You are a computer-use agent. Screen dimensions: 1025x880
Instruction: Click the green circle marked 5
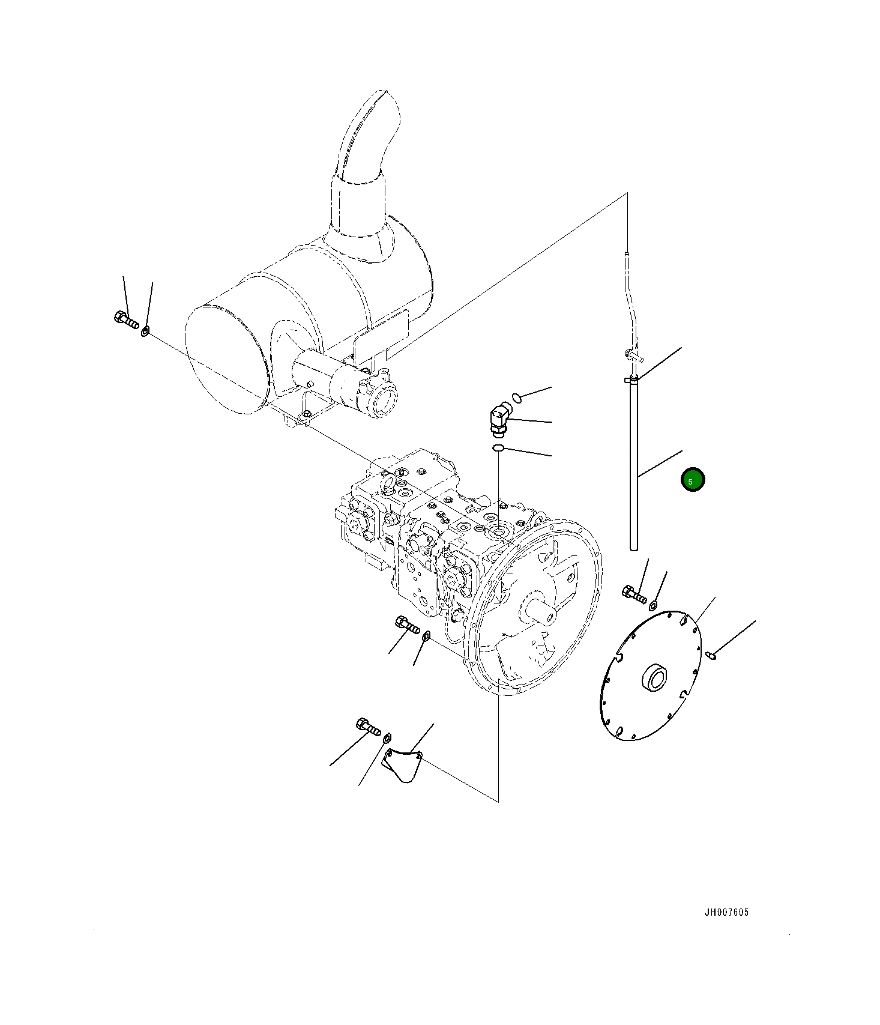(693, 480)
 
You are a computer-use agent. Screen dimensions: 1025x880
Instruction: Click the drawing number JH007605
(726, 912)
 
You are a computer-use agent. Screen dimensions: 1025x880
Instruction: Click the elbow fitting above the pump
(498, 419)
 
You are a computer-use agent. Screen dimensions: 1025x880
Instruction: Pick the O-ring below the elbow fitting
(498, 448)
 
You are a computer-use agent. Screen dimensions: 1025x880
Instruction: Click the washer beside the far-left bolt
(145, 330)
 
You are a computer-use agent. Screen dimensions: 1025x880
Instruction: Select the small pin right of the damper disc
(711, 655)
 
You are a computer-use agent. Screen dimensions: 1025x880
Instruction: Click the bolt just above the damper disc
(634, 594)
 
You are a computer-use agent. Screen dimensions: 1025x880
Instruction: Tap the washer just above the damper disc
(654, 604)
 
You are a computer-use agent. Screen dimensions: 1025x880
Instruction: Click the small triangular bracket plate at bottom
(403, 765)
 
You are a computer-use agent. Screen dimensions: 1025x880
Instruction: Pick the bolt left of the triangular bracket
(368, 726)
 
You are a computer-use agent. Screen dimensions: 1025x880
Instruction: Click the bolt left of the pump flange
(408, 625)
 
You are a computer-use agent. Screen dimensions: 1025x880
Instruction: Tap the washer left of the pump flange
(426, 635)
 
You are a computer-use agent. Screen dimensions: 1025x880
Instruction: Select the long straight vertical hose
(633, 468)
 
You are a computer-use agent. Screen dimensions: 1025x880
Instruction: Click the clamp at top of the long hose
(631, 379)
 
